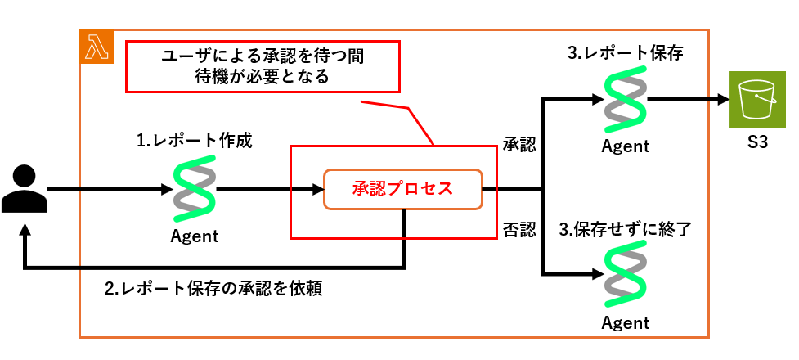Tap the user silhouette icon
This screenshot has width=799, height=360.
click(24, 189)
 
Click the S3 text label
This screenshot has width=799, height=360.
click(756, 142)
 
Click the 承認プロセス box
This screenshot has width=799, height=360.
click(403, 190)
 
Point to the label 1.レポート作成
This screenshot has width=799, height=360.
click(194, 141)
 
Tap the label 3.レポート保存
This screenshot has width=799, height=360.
click(626, 53)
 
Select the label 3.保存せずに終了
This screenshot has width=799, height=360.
click(625, 230)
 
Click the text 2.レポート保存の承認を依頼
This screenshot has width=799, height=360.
click(213, 289)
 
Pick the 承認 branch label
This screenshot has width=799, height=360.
click(519, 144)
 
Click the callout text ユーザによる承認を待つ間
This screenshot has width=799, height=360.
click(263, 57)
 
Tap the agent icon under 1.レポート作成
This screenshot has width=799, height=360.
click(194, 188)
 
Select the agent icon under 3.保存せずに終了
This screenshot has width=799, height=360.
click(626, 274)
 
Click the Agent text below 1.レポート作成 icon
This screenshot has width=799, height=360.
click(194, 236)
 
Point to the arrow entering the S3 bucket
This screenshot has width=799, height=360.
click(688, 100)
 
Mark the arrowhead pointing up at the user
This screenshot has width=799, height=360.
click(24, 229)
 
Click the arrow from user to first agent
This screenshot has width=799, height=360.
click(110, 190)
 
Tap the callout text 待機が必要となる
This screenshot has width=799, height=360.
click(263, 76)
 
